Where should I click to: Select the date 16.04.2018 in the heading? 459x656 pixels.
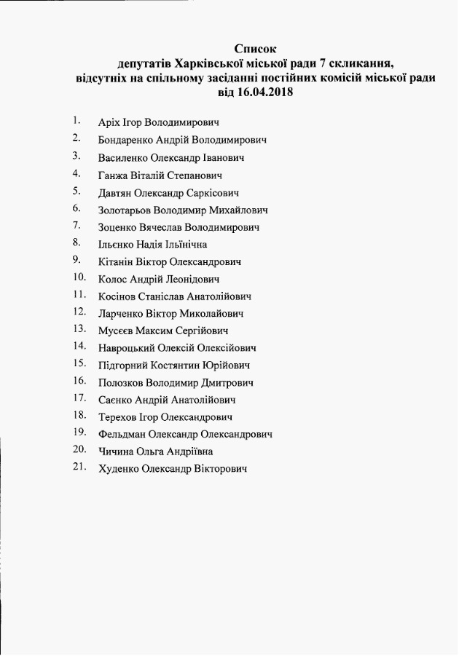point(267,92)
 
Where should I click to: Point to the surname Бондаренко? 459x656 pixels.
point(128,140)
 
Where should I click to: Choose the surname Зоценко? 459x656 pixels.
point(119,228)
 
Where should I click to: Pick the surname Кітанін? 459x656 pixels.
point(117,261)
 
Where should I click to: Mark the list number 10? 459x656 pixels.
point(80,277)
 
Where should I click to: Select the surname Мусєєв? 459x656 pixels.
point(117,331)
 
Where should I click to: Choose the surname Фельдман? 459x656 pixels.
point(122,434)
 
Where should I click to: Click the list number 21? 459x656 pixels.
point(79,467)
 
